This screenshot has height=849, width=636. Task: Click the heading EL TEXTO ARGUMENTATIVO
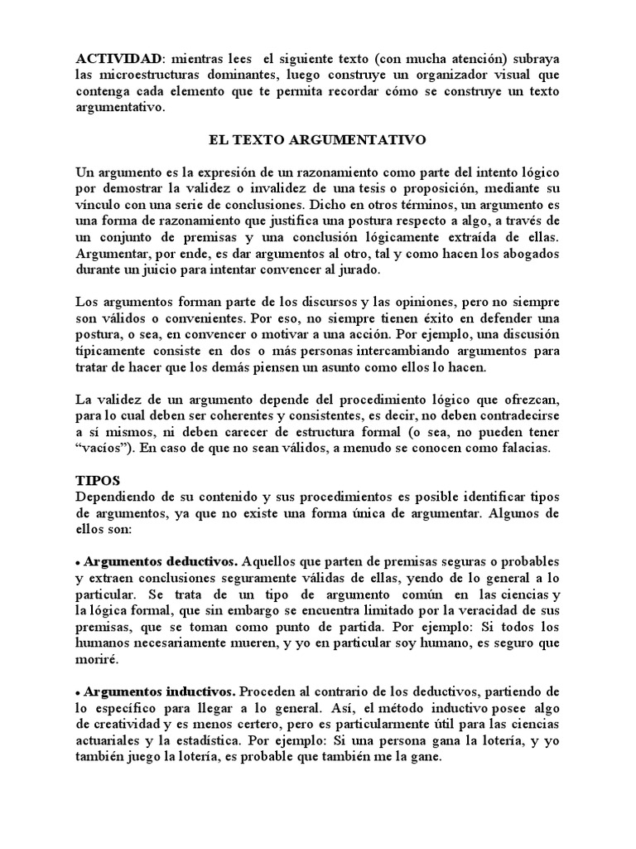coord(317,140)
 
